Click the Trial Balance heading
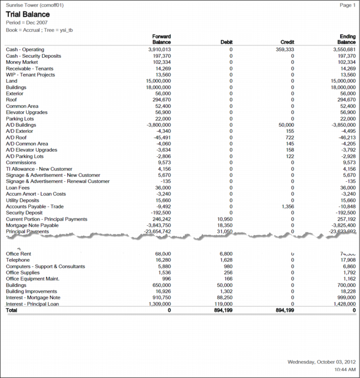click(28, 14)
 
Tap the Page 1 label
click(347, 5)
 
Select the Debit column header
click(226, 42)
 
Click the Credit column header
click(287, 42)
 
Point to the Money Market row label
click(22, 62)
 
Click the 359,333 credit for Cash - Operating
click(284, 49)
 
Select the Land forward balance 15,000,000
click(158, 81)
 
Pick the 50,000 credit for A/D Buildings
click(286, 125)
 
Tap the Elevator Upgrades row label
click(28, 112)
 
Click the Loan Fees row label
click(18, 187)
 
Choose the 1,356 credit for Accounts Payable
click(287, 206)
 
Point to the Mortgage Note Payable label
click(32, 225)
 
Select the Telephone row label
click(18, 260)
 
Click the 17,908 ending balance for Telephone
click(346, 260)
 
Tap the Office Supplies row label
click(22, 273)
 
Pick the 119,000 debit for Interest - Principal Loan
click(222, 304)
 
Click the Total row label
click(12, 310)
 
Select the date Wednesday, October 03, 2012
click(321, 362)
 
